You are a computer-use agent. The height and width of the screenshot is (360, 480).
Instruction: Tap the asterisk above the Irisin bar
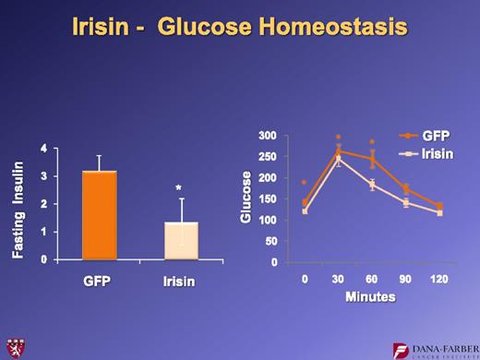[x=179, y=189]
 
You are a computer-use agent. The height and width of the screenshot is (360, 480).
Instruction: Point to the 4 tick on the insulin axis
[x=44, y=149]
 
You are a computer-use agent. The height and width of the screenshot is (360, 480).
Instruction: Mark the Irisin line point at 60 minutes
[x=371, y=184]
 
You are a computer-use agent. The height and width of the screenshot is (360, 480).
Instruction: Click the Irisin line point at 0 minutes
[x=306, y=210]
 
